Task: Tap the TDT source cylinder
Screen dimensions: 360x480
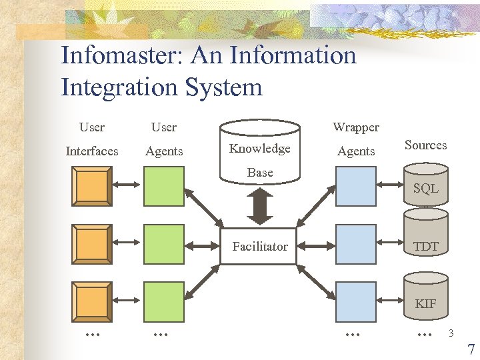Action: (425, 246)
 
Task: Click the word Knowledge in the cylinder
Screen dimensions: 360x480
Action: (259, 149)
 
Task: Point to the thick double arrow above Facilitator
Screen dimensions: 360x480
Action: (259, 206)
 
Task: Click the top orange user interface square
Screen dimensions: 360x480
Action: (92, 186)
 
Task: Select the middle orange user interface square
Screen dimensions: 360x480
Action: (92, 244)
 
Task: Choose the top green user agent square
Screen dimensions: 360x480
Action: (164, 186)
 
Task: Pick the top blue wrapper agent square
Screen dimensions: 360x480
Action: (356, 186)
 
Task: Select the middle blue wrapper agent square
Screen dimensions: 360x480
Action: (356, 244)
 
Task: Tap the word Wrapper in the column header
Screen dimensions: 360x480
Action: (356, 127)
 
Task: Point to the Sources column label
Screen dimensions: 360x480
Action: (425, 145)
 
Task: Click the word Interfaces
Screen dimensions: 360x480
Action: (92, 151)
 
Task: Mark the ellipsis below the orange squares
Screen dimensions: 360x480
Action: (92, 333)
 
